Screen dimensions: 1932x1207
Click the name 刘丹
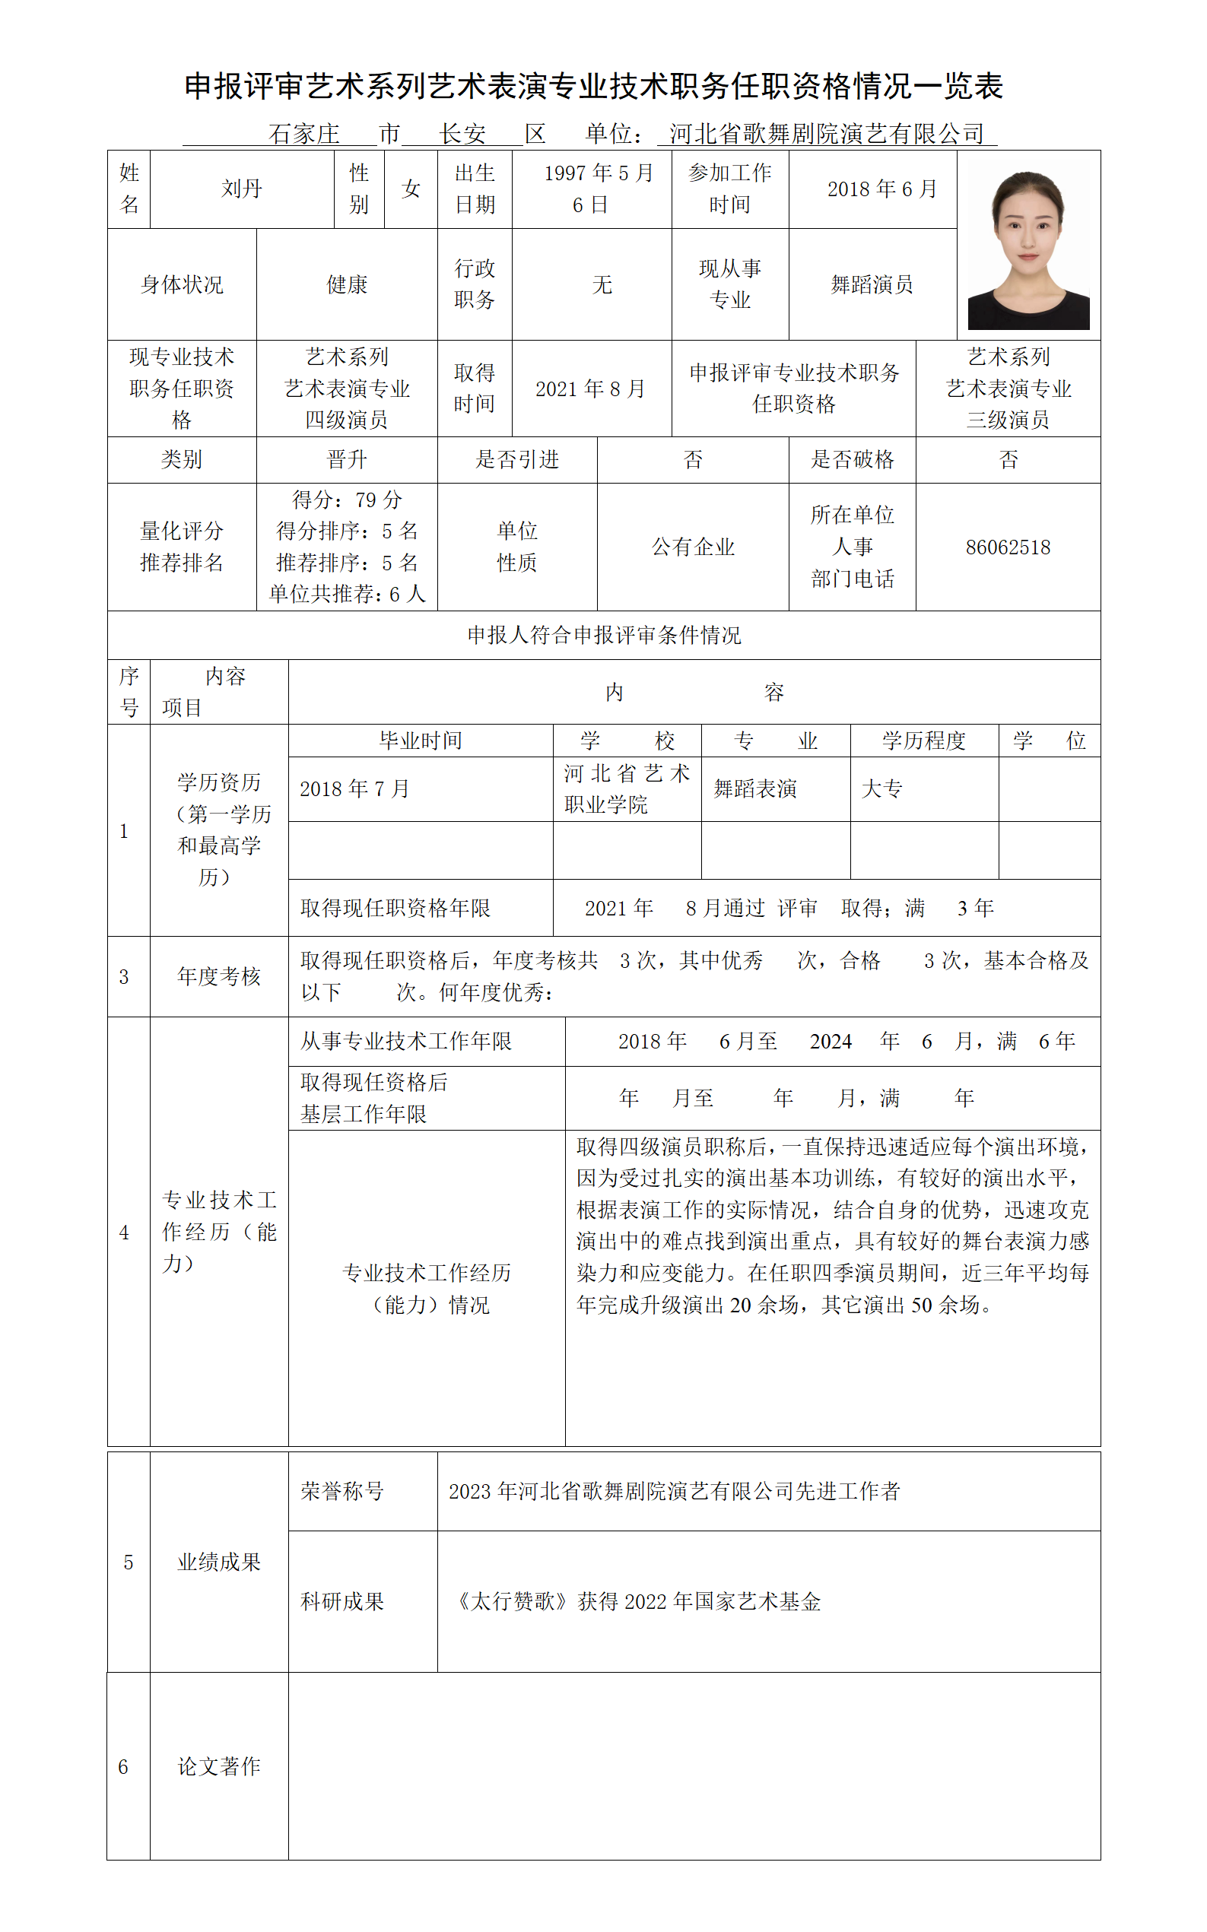point(241,189)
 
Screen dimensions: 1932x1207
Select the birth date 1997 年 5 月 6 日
point(591,189)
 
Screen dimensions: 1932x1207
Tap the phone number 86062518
point(1008,547)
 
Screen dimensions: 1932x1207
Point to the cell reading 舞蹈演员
point(872,285)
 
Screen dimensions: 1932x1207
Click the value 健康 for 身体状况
point(347,285)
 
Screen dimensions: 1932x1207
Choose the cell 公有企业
point(693,547)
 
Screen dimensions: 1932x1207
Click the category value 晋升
point(347,460)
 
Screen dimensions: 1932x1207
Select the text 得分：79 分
point(347,500)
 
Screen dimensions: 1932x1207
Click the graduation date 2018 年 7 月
point(354,789)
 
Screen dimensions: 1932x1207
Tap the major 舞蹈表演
point(754,789)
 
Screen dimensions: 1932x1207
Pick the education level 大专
point(882,789)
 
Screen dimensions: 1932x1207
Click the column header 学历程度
point(923,741)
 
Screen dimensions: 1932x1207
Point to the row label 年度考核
point(219,977)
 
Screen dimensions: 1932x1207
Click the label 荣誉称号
point(341,1492)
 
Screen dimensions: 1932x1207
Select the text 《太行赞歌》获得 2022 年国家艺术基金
point(637,1601)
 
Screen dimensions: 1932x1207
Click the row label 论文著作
point(219,1766)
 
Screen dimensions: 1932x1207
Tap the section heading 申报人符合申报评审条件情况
point(604,635)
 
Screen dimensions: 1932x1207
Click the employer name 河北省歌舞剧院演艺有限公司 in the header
point(826,134)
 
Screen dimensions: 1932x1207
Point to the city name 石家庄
point(304,134)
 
